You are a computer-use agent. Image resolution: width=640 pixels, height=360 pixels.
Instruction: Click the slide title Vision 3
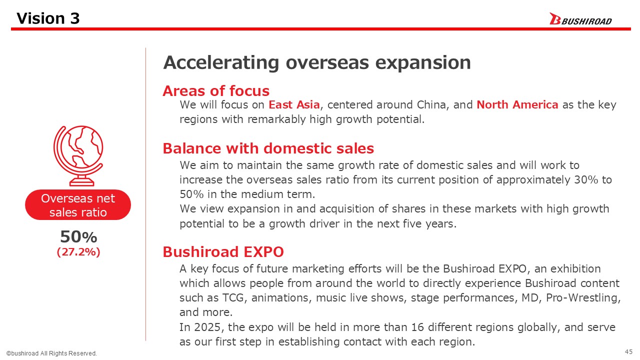[x=48, y=18]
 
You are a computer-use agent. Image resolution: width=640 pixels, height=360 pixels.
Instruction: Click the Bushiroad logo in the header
[x=580, y=19]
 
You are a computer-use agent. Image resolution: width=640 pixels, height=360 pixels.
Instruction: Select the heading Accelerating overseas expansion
[x=317, y=63]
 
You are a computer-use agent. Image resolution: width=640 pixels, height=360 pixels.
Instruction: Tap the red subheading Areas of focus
[x=216, y=91]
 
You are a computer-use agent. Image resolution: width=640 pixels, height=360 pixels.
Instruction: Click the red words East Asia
[x=294, y=105]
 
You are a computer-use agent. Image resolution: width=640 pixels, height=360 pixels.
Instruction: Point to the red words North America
[x=517, y=105]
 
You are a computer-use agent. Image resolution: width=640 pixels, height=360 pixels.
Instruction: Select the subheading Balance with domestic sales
[x=268, y=148]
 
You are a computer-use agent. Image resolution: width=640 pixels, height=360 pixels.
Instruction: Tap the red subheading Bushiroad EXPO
[x=223, y=252]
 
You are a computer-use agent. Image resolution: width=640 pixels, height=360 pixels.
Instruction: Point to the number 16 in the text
[x=417, y=327]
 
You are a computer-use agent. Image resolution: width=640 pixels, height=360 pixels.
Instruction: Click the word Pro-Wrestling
[x=583, y=298]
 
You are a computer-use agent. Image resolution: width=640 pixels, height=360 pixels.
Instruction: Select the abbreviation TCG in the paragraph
[x=233, y=298]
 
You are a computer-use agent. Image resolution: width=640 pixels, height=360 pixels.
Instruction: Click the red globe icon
[x=78, y=155]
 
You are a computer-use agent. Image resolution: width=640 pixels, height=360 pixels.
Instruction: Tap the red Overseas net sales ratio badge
[x=78, y=205]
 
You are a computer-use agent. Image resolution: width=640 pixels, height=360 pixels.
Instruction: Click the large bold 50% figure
[x=78, y=237]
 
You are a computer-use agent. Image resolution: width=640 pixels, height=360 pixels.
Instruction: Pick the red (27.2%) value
[x=78, y=252]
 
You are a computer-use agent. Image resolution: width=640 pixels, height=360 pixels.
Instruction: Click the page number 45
[x=628, y=351]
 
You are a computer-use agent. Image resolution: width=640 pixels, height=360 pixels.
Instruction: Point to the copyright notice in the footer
[x=51, y=353]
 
